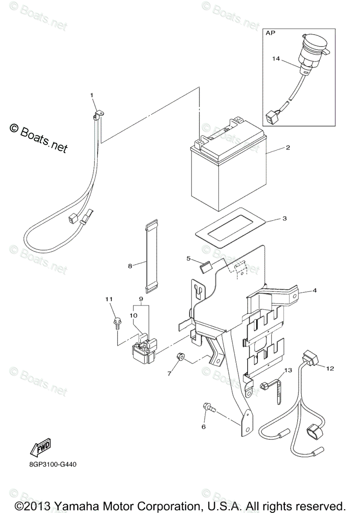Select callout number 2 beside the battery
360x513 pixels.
pyautogui.click(x=288, y=147)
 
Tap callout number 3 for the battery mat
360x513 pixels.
pyautogui.click(x=284, y=218)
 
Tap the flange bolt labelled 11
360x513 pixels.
pyautogui.click(x=117, y=321)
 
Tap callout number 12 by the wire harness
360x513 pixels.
pyautogui.click(x=330, y=368)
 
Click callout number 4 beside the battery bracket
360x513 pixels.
pyautogui.click(x=314, y=290)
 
